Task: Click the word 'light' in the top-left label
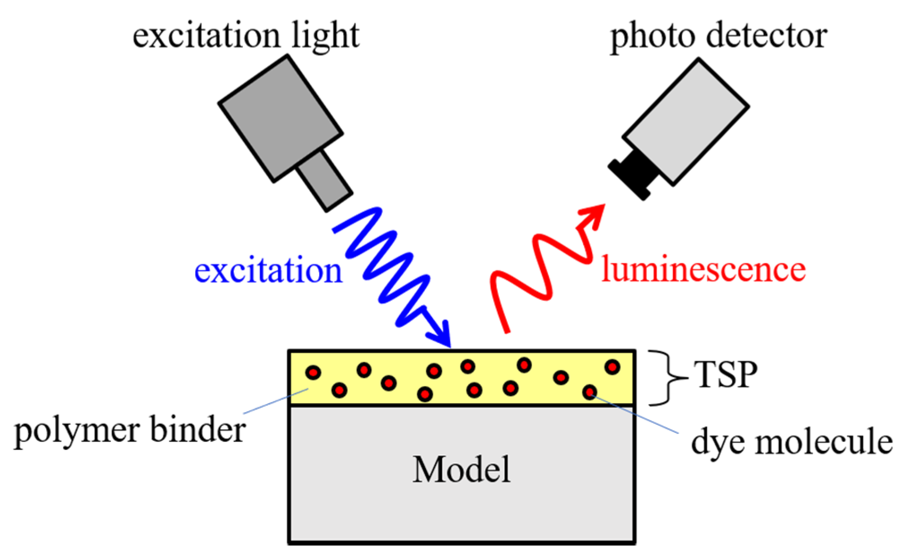point(325,36)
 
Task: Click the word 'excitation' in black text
point(204,36)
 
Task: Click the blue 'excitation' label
point(268,271)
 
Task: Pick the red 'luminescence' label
point(703,269)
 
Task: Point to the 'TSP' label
point(725,375)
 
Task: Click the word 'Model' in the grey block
point(461,470)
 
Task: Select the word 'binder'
point(197,430)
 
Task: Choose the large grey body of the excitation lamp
point(281,119)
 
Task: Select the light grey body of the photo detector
point(685,121)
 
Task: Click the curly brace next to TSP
point(667,378)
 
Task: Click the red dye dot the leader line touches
point(590,392)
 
